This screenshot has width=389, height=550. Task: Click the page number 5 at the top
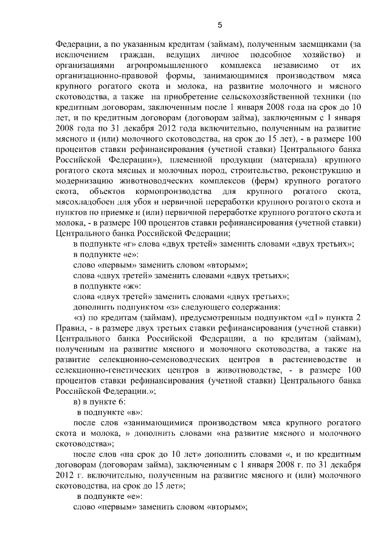tap(221, 25)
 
